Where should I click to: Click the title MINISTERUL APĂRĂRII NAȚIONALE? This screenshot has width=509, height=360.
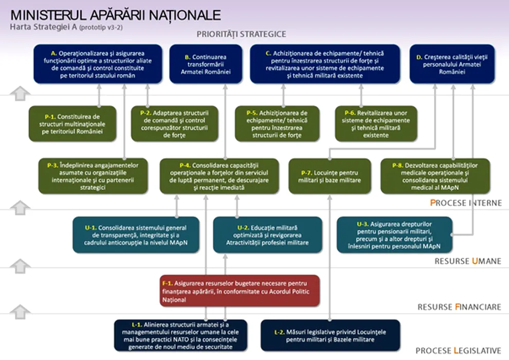(x=116, y=15)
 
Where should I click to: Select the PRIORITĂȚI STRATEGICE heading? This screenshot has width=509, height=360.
(x=241, y=34)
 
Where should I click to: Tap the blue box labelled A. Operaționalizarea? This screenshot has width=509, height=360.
(x=98, y=64)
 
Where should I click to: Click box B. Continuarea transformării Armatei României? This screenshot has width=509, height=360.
(x=206, y=64)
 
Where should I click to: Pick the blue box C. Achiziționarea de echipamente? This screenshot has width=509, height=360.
(x=325, y=64)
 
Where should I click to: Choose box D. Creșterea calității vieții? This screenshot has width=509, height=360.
(x=452, y=64)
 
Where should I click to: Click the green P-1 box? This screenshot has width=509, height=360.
(x=72, y=123)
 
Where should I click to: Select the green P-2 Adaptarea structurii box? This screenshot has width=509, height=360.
(x=175, y=123)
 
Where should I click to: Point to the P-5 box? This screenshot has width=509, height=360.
(x=277, y=123)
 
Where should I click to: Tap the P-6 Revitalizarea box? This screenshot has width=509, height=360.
(x=376, y=123)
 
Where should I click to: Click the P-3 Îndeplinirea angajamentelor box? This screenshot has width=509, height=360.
(x=93, y=176)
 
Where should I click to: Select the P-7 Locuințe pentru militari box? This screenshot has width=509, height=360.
(x=330, y=176)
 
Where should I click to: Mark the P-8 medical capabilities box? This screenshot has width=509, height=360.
(x=435, y=176)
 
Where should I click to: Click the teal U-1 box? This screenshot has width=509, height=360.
(x=136, y=235)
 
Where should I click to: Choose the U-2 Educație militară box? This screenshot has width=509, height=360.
(x=267, y=235)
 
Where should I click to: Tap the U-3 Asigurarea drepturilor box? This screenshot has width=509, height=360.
(x=394, y=235)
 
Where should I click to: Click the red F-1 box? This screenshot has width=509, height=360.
(x=240, y=291)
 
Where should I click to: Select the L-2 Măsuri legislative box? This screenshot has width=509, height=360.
(x=331, y=335)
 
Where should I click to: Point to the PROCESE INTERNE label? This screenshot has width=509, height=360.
(x=466, y=203)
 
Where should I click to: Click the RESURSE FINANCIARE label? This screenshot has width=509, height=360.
(x=459, y=307)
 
